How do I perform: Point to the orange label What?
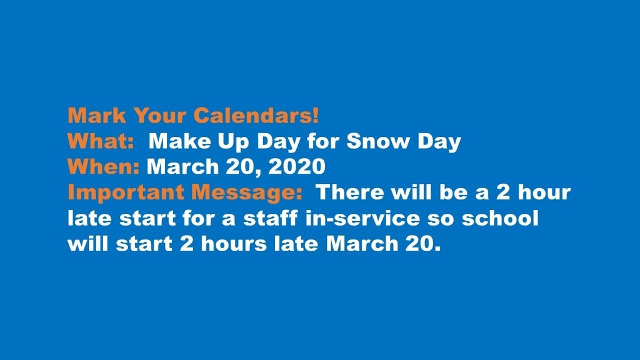(x=101, y=141)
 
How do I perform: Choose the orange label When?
(x=104, y=167)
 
